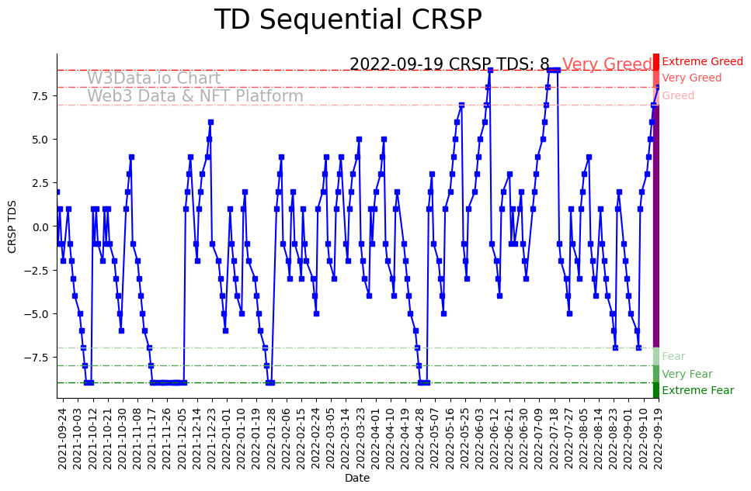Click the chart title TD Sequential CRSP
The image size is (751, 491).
tap(348, 20)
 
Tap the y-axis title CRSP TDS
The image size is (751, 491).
tap(12, 226)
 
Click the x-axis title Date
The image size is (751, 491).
tap(357, 479)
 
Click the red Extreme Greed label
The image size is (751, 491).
tap(702, 61)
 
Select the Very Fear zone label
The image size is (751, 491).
tap(687, 374)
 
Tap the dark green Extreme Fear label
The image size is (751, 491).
tap(697, 391)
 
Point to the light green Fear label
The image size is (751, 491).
tap(673, 356)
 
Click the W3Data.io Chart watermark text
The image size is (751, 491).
tap(154, 78)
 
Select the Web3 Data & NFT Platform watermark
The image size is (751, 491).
tap(195, 96)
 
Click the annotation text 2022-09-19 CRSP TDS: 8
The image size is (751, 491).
tap(449, 64)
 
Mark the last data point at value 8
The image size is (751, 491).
tap(659, 87)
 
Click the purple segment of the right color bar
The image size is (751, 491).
tap(655, 225)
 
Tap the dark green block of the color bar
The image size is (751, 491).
tap(655, 390)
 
